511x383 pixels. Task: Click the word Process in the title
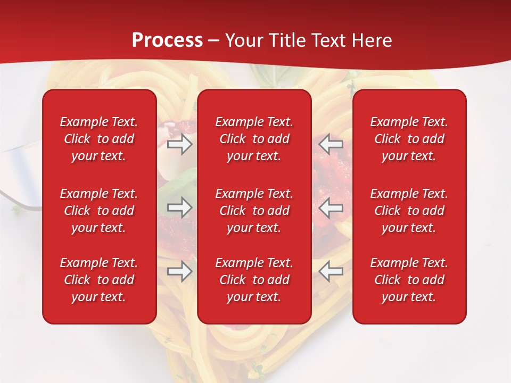167,40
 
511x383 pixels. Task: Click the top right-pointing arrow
179,144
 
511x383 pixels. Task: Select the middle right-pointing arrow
179,207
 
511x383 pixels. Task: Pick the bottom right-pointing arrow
179,271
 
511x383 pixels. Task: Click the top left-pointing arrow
331,144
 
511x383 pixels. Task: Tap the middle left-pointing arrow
331,207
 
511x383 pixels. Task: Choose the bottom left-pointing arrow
331,271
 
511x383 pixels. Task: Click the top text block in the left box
99,139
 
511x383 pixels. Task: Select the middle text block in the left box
99,211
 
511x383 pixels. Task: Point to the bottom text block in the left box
99,280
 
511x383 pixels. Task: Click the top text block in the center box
254,139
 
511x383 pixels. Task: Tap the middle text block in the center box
254,211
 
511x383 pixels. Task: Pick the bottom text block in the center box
254,280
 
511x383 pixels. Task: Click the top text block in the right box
409,139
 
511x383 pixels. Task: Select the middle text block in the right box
409,211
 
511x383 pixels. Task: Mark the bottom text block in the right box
409,280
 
